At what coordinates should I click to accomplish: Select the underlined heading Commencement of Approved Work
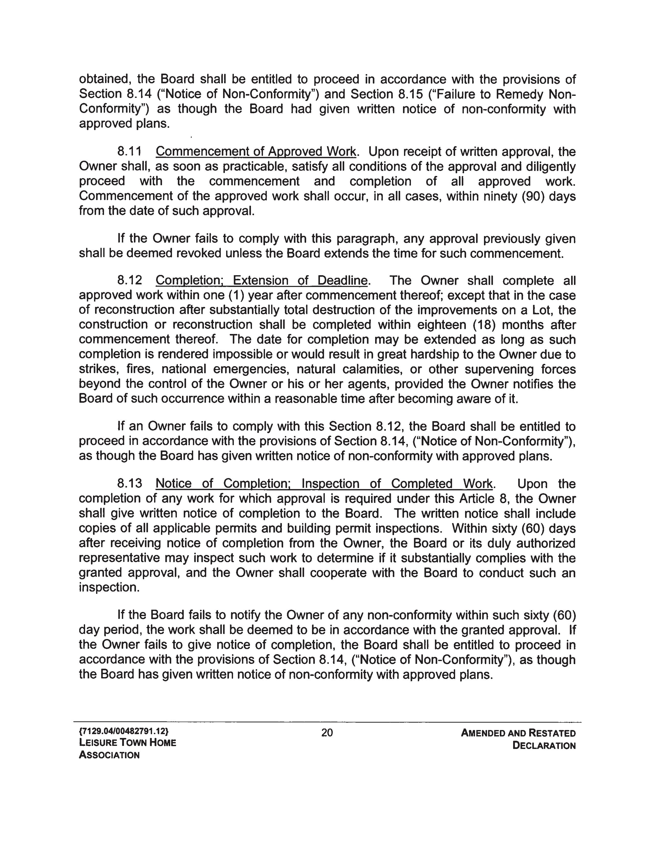pyautogui.click(x=256, y=152)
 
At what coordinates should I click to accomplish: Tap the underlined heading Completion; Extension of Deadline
pyautogui.click(x=261, y=281)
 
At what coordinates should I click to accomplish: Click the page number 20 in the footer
pyautogui.click(x=327, y=733)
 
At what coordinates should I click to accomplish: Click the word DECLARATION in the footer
pyautogui.click(x=544, y=746)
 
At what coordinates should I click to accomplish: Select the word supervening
pyautogui.click(x=499, y=369)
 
